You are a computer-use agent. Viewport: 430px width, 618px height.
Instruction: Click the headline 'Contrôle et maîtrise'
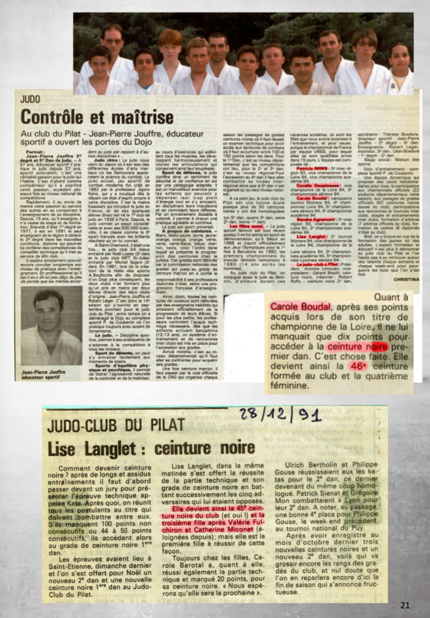coord(97,117)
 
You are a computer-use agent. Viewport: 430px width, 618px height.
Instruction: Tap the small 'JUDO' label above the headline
coord(30,99)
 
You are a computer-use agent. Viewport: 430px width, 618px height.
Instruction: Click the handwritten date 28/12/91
coord(280,416)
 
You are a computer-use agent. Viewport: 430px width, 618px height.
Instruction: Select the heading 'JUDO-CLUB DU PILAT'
coord(116,425)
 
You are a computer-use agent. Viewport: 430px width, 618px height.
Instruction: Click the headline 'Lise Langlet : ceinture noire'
coord(152,448)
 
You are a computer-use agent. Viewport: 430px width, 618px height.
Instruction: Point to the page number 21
coord(405,605)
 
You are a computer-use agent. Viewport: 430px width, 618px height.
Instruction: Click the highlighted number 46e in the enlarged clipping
coord(358,366)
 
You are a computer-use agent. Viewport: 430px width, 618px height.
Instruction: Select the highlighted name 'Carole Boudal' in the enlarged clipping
coord(300,307)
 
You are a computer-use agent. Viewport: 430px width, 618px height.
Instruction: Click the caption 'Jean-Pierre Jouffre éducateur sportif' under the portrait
coord(43,374)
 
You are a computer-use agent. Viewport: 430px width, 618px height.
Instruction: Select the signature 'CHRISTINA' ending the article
coord(406,279)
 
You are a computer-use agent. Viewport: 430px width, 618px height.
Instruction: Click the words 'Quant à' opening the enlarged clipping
coord(391,297)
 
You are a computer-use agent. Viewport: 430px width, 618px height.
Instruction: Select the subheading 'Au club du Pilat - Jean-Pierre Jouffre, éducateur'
coord(112,134)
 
